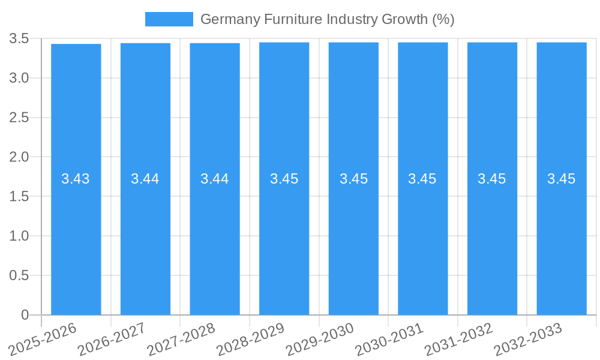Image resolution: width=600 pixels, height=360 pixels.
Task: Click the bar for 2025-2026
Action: pos(76,240)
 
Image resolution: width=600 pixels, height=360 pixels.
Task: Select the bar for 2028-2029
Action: pos(284,240)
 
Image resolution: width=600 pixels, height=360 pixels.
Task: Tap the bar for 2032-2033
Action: pos(562,240)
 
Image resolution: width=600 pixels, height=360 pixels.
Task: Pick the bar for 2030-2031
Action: pos(423,240)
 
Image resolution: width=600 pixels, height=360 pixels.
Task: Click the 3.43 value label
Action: pos(76,179)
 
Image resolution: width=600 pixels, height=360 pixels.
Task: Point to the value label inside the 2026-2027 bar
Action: pos(145,179)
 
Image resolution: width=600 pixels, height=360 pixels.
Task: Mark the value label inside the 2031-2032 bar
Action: pos(492,179)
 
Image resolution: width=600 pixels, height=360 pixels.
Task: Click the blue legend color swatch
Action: pos(169,19)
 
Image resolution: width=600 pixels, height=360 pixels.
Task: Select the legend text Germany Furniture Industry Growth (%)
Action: pos(327,19)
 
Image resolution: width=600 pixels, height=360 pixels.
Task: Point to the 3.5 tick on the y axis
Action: pos(19,39)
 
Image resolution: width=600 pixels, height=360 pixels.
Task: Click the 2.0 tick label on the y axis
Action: pos(19,157)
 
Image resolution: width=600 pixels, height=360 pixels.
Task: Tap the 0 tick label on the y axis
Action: pos(25,315)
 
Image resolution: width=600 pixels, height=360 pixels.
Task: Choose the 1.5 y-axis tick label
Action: pos(19,197)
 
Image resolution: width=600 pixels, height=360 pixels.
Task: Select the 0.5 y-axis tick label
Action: pos(19,275)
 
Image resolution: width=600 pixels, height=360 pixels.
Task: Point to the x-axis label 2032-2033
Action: pos(528,338)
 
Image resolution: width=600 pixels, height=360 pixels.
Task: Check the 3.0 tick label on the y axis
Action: pos(19,78)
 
